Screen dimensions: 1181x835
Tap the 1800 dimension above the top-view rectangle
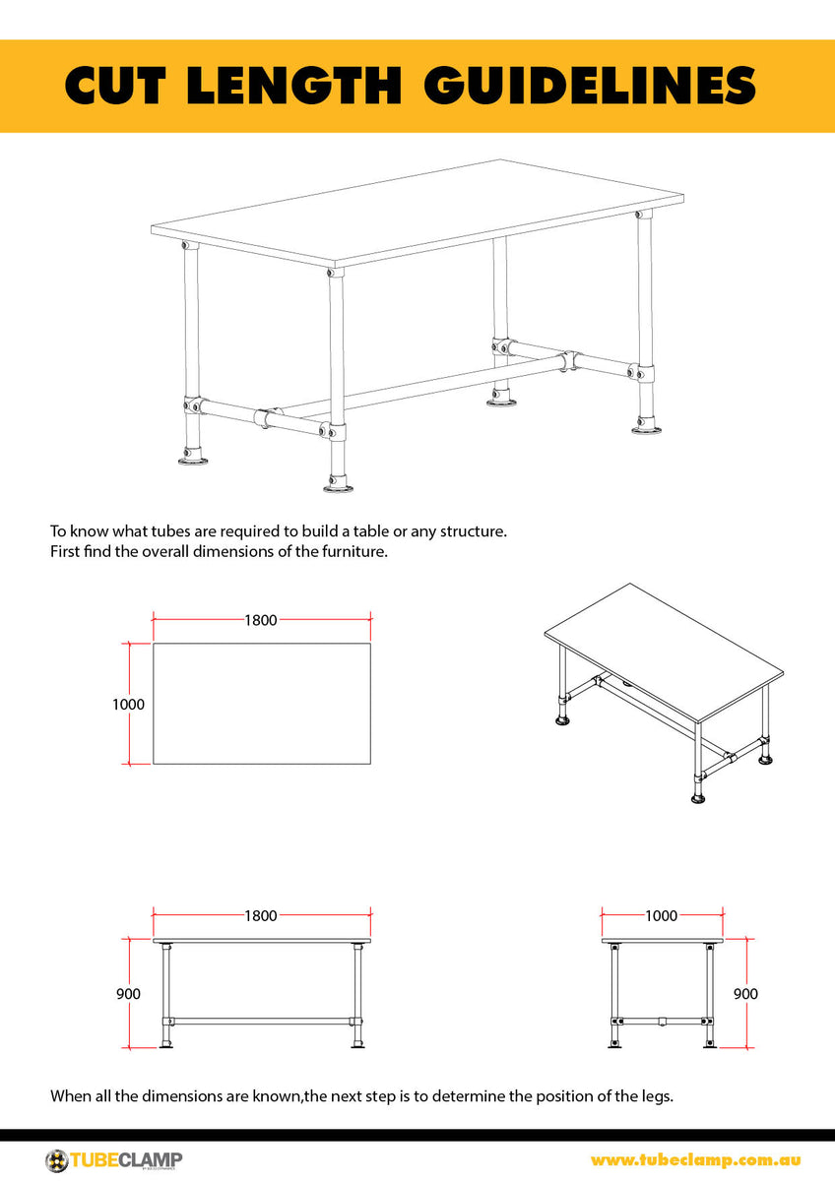(261, 620)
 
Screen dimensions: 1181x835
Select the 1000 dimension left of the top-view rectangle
(128, 705)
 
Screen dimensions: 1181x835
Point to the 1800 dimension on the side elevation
(261, 915)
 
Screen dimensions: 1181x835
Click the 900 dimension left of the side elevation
(128, 994)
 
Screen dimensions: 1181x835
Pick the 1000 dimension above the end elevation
(661, 915)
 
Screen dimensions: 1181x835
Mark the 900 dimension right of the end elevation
(745, 994)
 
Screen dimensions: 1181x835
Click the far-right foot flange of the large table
(646, 425)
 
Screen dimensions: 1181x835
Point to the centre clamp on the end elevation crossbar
(661, 1021)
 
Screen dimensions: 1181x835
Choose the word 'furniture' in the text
(354, 551)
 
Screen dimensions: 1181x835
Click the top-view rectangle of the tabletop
(261, 704)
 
